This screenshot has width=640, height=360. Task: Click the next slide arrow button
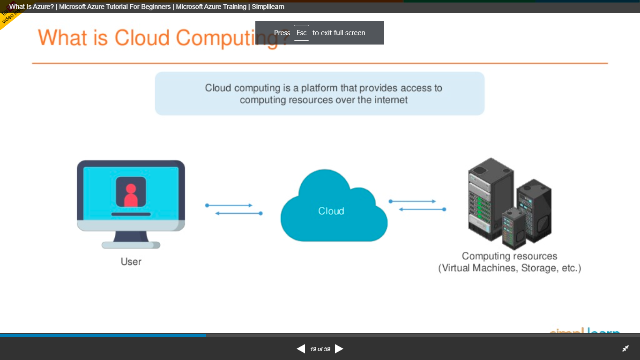(x=339, y=349)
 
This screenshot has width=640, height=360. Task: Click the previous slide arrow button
(x=301, y=349)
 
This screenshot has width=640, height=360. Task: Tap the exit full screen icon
(x=625, y=349)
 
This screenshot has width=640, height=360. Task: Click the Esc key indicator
(x=301, y=33)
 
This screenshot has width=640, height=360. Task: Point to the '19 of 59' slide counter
(x=320, y=349)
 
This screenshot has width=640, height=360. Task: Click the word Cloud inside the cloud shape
(x=331, y=211)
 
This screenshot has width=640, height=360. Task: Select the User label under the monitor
(x=131, y=262)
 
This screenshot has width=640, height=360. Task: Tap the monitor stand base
(x=131, y=245)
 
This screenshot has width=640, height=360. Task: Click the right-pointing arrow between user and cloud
(x=230, y=205)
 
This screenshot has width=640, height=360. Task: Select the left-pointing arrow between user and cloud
(x=238, y=213)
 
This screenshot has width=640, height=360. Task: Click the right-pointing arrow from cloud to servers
(x=413, y=201)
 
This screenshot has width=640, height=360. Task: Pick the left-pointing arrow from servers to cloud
(x=422, y=209)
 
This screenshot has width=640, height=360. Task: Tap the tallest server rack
(x=490, y=199)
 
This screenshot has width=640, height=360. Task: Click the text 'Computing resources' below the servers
(x=509, y=256)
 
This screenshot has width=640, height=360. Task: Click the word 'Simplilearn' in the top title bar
(x=268, y=7)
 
